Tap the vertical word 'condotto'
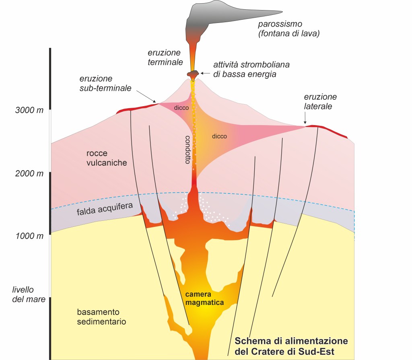point(187,148)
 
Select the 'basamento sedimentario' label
point(101,317)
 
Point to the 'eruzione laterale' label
point(320,102)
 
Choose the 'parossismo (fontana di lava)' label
point(288,29)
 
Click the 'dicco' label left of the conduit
point(181,108)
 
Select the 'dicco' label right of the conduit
point(219,136)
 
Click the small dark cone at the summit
point(194,74)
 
